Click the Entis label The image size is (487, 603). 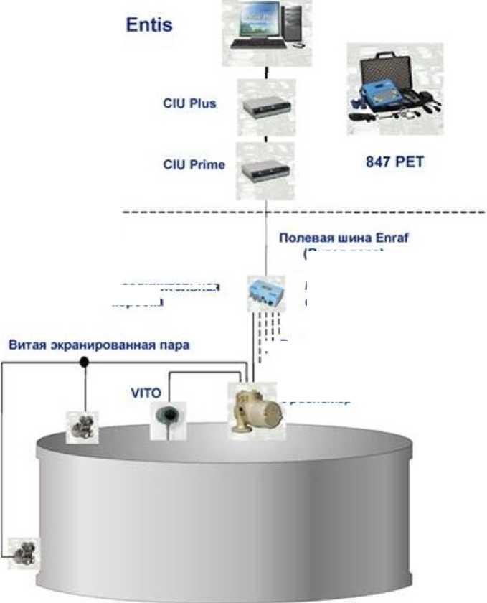click(149, 24)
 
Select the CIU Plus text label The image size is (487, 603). click(189, 103)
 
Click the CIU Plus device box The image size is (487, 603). click(266, 105)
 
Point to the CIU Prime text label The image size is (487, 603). click(194, 164)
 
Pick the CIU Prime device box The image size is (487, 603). click(266, 168)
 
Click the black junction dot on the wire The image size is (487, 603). click(85, 363)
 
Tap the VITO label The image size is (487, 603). click(146, 393)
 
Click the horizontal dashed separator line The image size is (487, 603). click(301, 213)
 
